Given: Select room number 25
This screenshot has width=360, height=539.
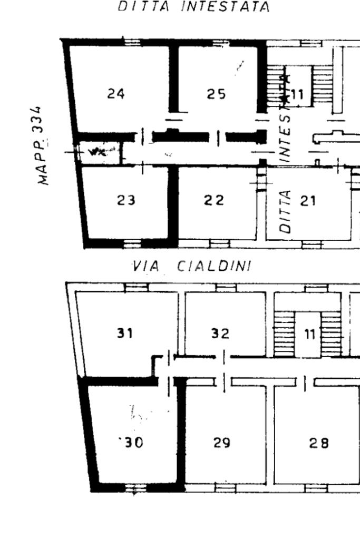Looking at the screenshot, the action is (216, 94).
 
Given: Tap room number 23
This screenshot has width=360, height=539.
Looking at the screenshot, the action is (126, 200).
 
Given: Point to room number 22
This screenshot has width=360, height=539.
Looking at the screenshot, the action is (214, 200).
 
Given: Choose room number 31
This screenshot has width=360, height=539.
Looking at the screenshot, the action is (124, 334).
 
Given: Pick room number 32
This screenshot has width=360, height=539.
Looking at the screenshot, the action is (220, 334).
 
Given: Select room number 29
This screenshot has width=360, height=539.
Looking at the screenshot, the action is (221, 443).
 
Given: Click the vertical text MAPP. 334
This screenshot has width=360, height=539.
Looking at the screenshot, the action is (45, 144).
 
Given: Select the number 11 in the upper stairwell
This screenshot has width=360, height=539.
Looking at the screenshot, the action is (297, 95).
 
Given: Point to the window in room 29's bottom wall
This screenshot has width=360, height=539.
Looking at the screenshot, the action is (225, 488).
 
